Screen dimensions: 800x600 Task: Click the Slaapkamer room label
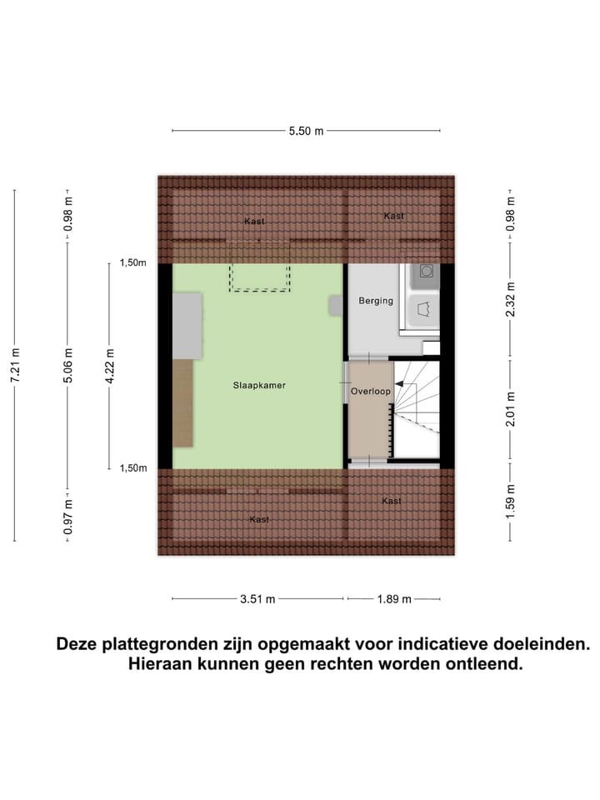pos(259,386)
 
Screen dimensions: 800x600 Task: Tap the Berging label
pos(375,301)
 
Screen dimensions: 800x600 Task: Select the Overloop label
pos(371,391)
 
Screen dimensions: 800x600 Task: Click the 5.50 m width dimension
pos(306,131)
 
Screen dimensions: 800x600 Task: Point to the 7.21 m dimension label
pos(15,365)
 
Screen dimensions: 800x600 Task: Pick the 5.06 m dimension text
pos(69,365)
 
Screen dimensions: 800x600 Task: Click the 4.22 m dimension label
pos(109,365)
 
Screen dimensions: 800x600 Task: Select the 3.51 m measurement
pos(257,598)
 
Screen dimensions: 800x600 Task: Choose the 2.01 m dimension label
pos(511,409)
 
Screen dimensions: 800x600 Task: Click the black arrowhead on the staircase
pos(400,384)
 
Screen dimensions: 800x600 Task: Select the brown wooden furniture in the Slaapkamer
pos(182,402)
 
